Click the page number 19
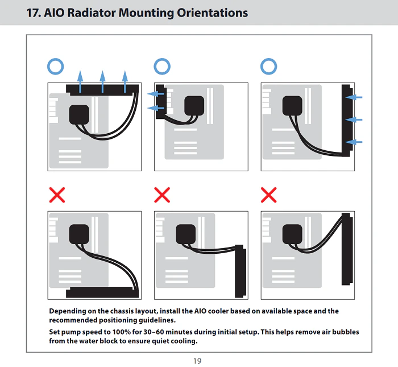(x=197, y=361)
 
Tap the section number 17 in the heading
(x=34, y=13)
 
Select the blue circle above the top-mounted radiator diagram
(x=56, y=67)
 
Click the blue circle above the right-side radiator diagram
(x=268, y=67)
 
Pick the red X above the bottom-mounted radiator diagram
(x=57, y=195)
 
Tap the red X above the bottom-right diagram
(x=268, y=195)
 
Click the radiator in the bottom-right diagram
(x=346, y=249)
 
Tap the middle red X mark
(x=162, y=195)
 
